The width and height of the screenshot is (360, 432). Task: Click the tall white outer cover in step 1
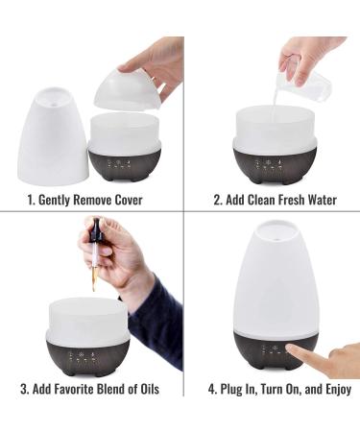[55, 133]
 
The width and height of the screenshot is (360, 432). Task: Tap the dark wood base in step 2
[275, 162]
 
